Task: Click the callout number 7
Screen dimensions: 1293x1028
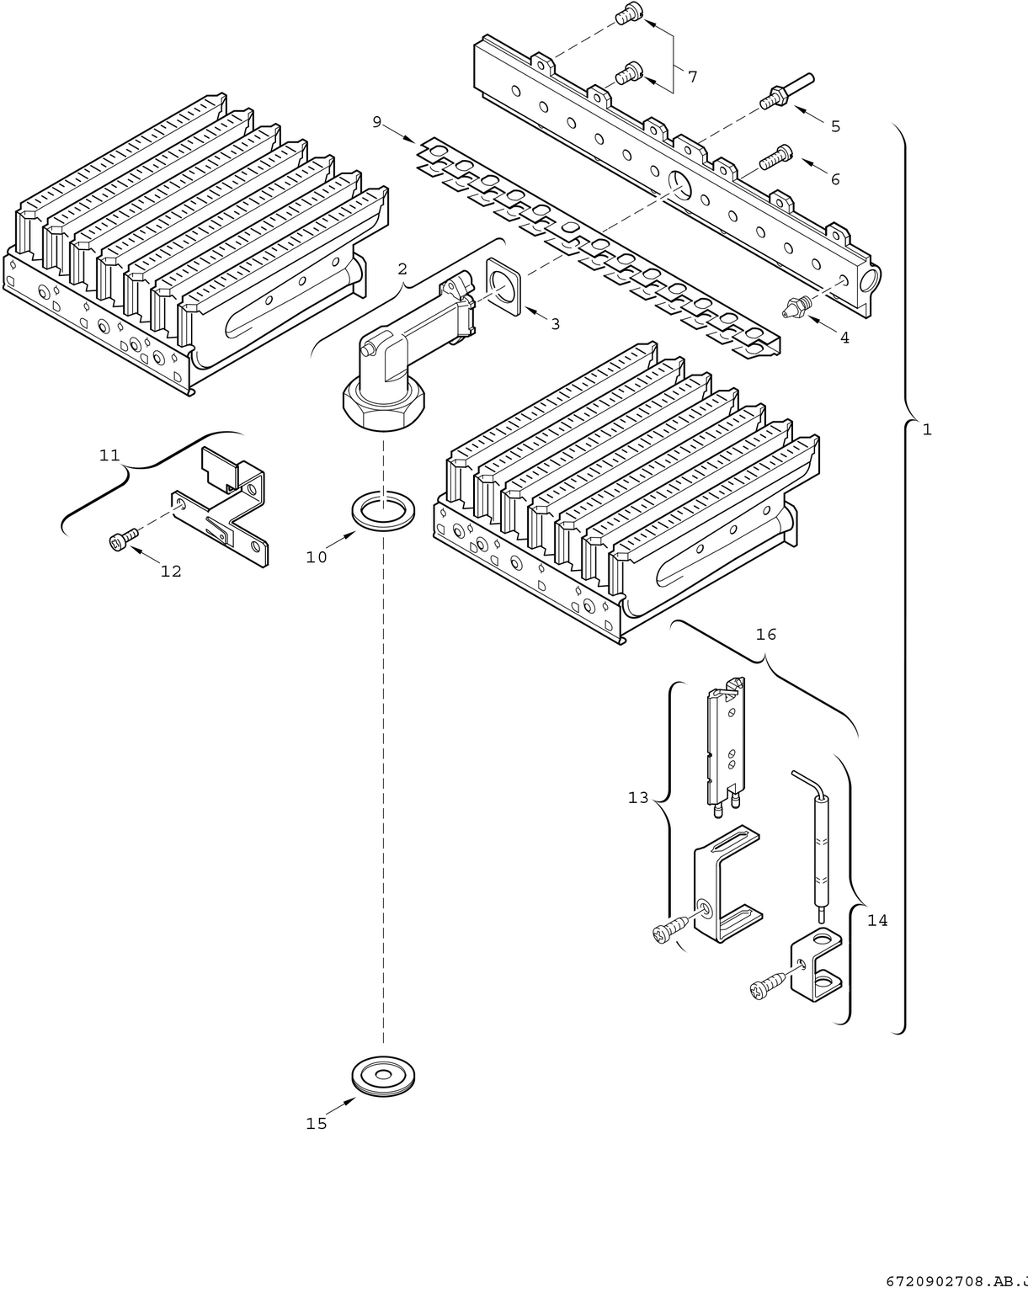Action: (x=692, y=77)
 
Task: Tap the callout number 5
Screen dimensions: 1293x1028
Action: (x=835, y=126)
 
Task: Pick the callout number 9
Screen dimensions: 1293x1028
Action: (x=377, y=123)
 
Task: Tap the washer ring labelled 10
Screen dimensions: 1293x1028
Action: (x=383, y=512)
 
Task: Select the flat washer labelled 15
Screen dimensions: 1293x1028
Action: (x=383, y=1077)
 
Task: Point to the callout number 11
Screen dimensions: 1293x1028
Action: (x=109, y=455)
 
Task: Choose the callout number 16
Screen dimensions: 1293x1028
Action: (x=765, y=634)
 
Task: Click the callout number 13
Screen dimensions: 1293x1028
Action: (x=638, y=797)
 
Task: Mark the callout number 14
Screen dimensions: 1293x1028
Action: (x=877, y=920)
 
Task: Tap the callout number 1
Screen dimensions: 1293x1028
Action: (x=927, y=429)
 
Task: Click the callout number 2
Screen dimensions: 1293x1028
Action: (x=402, y=269)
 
